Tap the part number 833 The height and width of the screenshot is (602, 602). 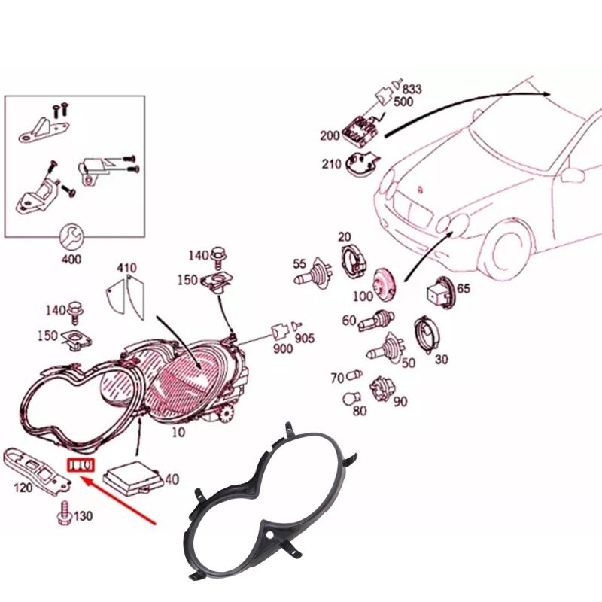point(412,89)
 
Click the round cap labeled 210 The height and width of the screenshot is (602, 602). point(362,161)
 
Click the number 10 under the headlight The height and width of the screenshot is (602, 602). point(179,433)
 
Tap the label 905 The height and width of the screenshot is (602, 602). point(304,338)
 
